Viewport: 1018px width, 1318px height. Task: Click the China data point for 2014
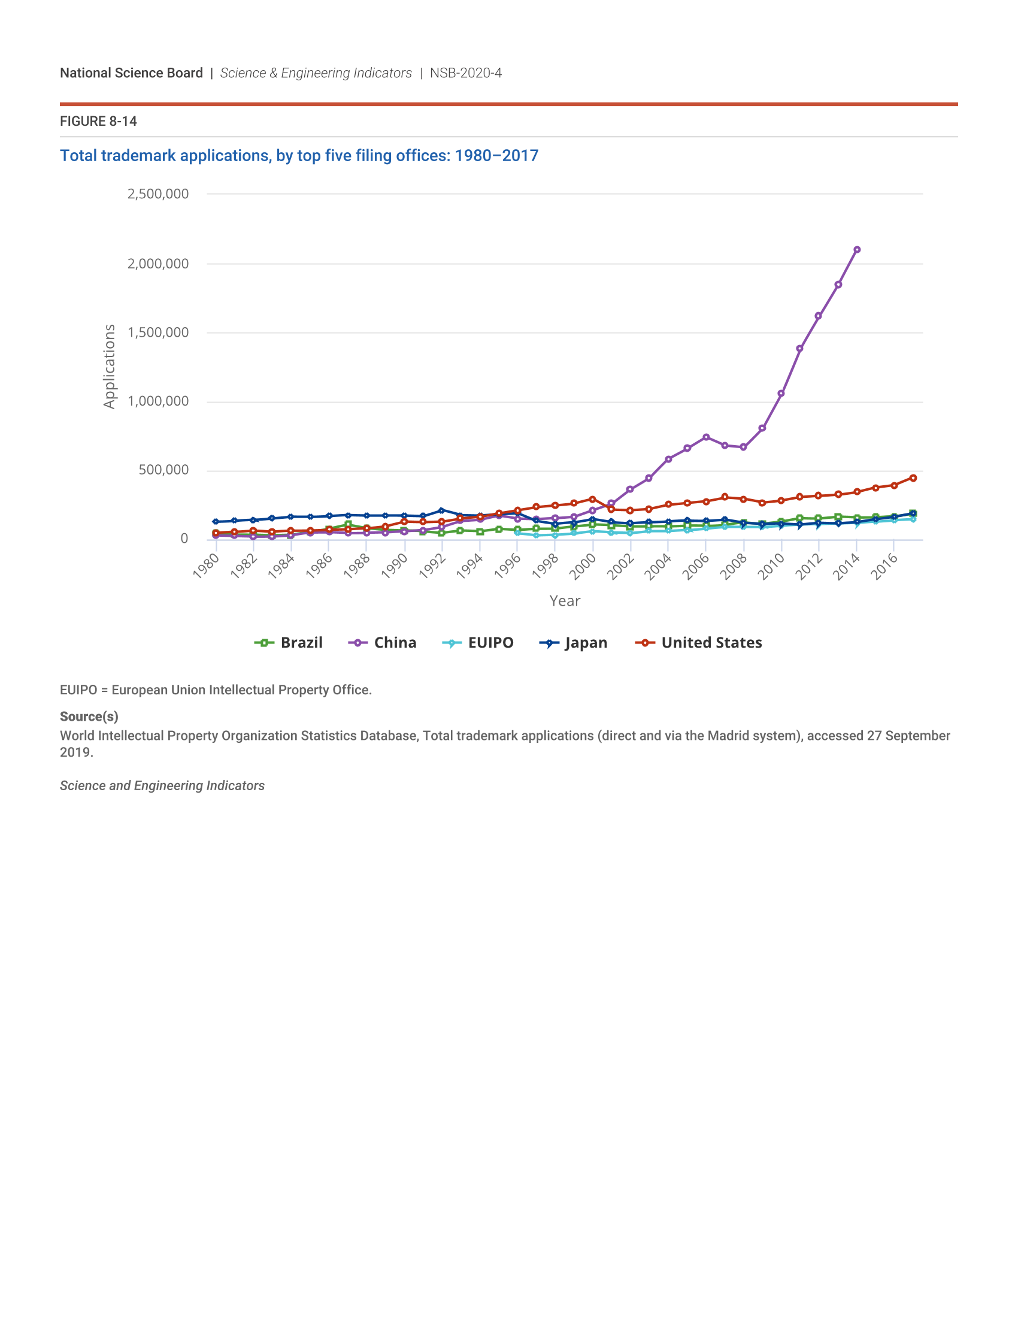click(x=856, y=250)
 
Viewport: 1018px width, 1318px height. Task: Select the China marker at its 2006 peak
click(x=705, y=437)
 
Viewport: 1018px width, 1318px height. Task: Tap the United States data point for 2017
click(x=913, y=478)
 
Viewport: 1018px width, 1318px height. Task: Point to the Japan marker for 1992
click(x=441, y=510)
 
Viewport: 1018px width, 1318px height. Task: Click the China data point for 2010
click(x=781, y=394)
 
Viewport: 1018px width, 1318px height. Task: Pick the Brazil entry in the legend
click(x=289, y=643)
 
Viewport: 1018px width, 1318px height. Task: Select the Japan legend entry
click(x=574, y=643)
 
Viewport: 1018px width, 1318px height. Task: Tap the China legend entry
click(x=383, y=643)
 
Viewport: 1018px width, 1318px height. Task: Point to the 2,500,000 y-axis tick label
click(x=158, y=194)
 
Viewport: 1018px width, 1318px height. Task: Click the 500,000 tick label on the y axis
click(x=163, y=470)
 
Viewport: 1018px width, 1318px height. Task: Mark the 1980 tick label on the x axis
click(x=206, y=566)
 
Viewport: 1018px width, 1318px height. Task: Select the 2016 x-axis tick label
click(x=884, y=566)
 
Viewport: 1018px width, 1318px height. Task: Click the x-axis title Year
click(x=565, y=600)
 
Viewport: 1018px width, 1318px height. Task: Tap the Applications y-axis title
click(x=109, y=366)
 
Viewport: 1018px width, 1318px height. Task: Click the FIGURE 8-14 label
click(x=98, y=121)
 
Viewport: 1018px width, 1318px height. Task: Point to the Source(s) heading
click(x=89, y=717)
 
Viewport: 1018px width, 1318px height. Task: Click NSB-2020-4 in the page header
click(x=465, y=73)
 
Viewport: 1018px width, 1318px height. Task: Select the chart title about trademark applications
click(x=299, y=156)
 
